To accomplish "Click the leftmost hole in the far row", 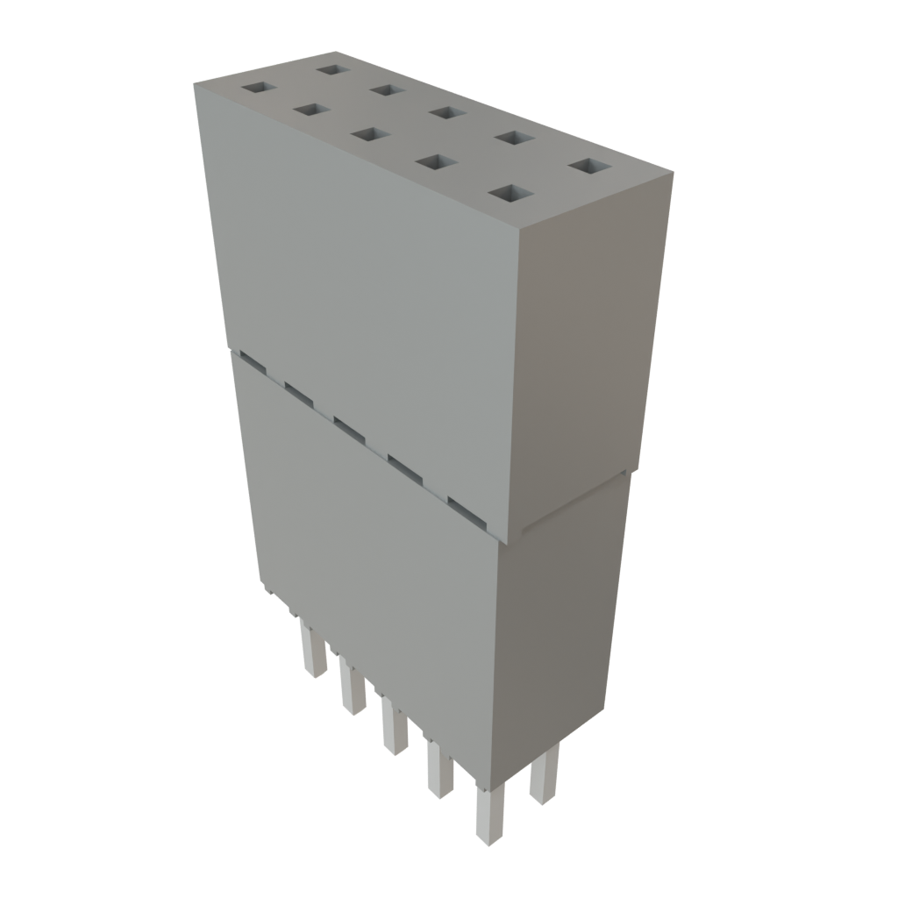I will (x=333, y=68).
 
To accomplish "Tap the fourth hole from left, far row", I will (x=514, y=138).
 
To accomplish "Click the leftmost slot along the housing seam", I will (x=252, y=360).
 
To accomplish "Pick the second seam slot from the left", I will (x=298, y=392).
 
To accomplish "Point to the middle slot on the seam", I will (x=349, y=429).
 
